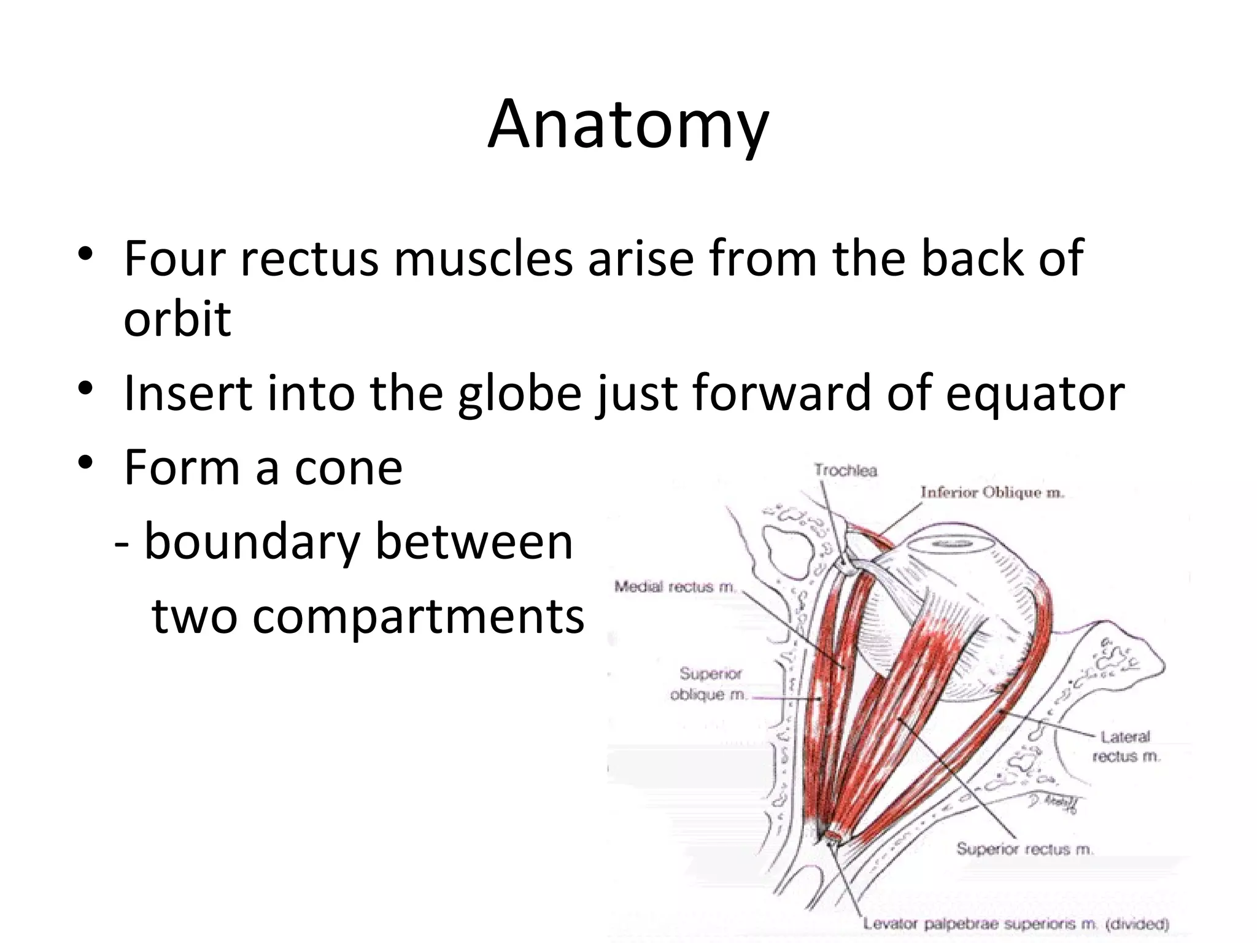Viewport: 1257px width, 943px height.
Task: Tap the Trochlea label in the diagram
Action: click(845, 471)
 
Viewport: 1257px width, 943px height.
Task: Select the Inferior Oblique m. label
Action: click(992, 492)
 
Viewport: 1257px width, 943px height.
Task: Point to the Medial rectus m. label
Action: click(675, 587)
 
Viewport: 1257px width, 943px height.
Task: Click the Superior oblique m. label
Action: click(710, 685)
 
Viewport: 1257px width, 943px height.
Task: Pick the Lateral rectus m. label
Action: click(1125, 747)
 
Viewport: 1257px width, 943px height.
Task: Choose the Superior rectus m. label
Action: click(1024, 849)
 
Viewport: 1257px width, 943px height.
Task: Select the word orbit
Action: click(177, 319)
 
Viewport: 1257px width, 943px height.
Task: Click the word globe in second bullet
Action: click(519, 393)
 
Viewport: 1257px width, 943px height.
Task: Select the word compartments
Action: click(368, 616)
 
